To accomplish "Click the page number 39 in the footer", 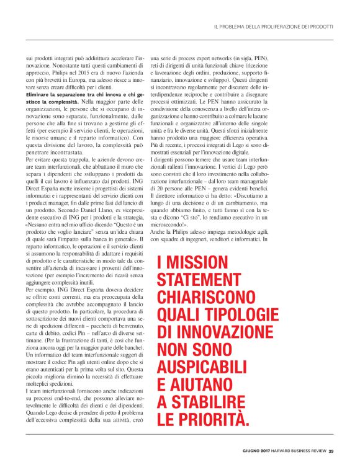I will coord(331,450).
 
